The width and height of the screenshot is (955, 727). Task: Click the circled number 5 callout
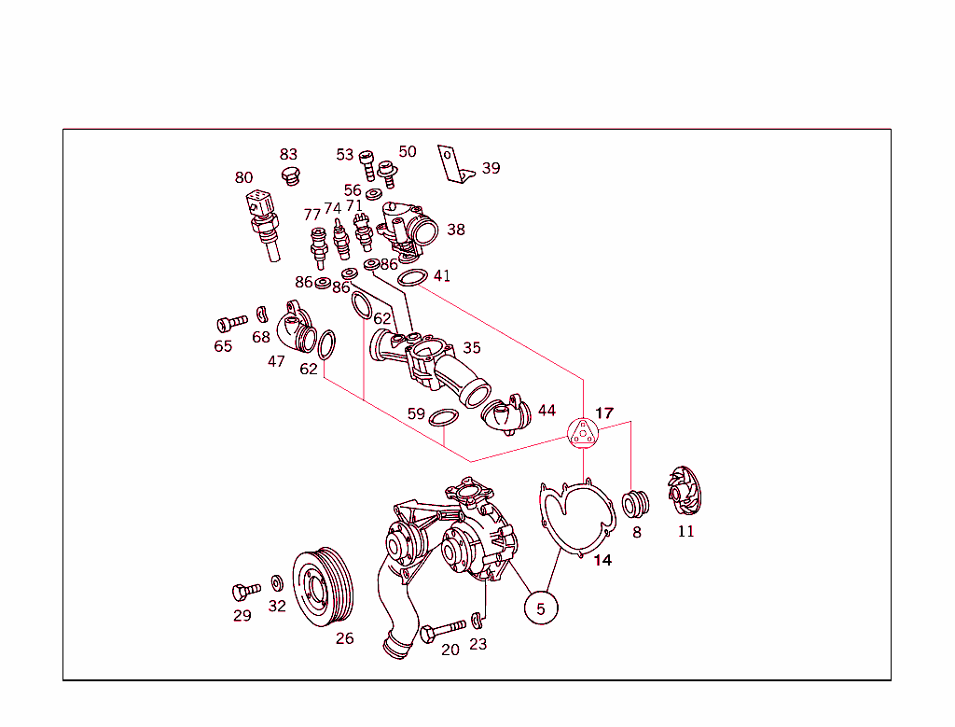[x=541, y=608]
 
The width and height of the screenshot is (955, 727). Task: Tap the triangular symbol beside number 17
[x=583, y=433]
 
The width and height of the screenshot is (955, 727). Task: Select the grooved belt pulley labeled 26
[x=323, y=587]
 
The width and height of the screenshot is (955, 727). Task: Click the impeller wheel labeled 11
[x=685, y=491]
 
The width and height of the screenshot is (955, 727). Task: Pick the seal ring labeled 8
[x=635, y=504]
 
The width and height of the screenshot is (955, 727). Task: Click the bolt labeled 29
[x=246, y=591]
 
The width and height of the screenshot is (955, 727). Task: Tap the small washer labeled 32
[x=276, y=583]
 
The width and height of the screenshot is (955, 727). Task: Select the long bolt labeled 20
[x=443, y=631]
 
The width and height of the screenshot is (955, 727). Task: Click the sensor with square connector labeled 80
[x=264, y=224]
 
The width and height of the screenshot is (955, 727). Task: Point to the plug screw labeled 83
[x=291, y=175]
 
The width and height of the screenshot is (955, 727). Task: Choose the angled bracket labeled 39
[x=455, y=164]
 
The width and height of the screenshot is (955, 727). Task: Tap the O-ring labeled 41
[x=412, y=278]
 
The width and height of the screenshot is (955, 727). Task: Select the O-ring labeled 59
[x=443, y=418]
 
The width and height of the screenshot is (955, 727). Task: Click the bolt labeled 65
[x=232, y=323]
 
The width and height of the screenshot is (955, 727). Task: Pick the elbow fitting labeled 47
[x=297, y=327]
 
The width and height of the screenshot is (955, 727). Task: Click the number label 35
[x=472, y=348]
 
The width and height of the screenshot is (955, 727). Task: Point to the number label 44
[x=547, y=410]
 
